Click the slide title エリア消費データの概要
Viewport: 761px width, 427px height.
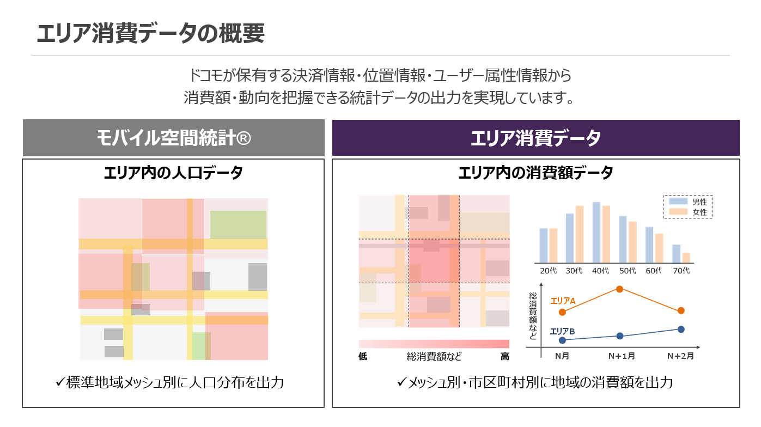151,34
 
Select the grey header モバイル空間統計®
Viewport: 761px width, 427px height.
174,138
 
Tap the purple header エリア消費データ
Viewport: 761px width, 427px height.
535,138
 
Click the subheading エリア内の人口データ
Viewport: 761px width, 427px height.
173,173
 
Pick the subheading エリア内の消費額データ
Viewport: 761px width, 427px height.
535,173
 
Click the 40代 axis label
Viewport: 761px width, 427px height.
600,271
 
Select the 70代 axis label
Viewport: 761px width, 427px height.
680,271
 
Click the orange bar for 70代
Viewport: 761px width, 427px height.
686,258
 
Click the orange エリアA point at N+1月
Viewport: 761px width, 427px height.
619,289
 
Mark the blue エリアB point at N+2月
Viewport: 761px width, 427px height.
681,329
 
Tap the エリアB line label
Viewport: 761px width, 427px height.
562,331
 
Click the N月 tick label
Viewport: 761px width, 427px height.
562,356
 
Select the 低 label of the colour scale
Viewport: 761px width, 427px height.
363,357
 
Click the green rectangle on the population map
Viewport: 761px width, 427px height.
238,224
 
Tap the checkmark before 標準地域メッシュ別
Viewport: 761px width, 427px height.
60,382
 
